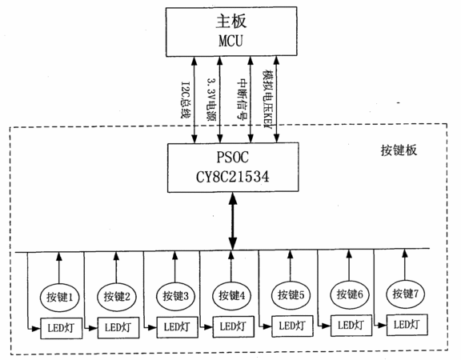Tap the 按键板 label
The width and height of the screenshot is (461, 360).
click(399, 150)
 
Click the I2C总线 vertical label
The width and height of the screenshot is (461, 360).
click(185, 100)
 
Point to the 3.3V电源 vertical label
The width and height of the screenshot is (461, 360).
click(211, 99)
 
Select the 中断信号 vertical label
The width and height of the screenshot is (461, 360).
click(242, 98)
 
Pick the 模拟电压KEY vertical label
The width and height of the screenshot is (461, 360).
click(268, 99)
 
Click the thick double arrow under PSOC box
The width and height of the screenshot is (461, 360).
click(233, 222)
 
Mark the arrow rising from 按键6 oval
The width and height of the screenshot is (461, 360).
click(349, 265)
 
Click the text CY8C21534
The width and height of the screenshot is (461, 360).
click(233, 177)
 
